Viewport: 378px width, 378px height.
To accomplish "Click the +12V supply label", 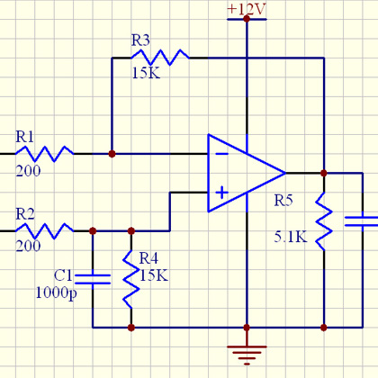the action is [x=247, y=9].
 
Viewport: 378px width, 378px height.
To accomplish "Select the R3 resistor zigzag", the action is [x=160, y=58].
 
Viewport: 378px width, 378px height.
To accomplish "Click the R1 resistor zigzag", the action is [x=44, y=154].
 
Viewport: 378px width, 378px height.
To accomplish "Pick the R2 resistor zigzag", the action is [x=44, y=231].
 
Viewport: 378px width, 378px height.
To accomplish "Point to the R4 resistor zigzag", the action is [x=131, y=279].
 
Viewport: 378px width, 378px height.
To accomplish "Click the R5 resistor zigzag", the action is [x=324, y=221].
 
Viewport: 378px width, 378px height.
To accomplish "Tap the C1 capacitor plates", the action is [x=93, y=279].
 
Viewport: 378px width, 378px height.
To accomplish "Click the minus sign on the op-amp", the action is [x=222, y=154].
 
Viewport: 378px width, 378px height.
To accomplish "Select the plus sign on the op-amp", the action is [x=222, y=193].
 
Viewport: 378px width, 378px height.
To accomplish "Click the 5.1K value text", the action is [x=291, y=237].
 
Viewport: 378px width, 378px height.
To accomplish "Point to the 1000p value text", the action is [x=56, y=292].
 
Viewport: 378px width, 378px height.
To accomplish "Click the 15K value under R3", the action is [x=147, y=73].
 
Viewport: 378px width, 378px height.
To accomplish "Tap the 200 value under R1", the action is [x=28, y=171].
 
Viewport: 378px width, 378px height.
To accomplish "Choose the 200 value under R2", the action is [x=28, y=246].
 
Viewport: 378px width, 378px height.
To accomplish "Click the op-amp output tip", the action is [x=285, y=173].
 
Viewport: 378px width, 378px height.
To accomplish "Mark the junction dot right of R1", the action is [x=112, y=154].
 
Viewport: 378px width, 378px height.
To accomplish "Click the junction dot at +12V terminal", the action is [x=247, y=19].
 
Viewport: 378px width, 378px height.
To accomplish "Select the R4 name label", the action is [x=148, y=258].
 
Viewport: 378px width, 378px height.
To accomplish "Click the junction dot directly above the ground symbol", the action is [x=247, y=328].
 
